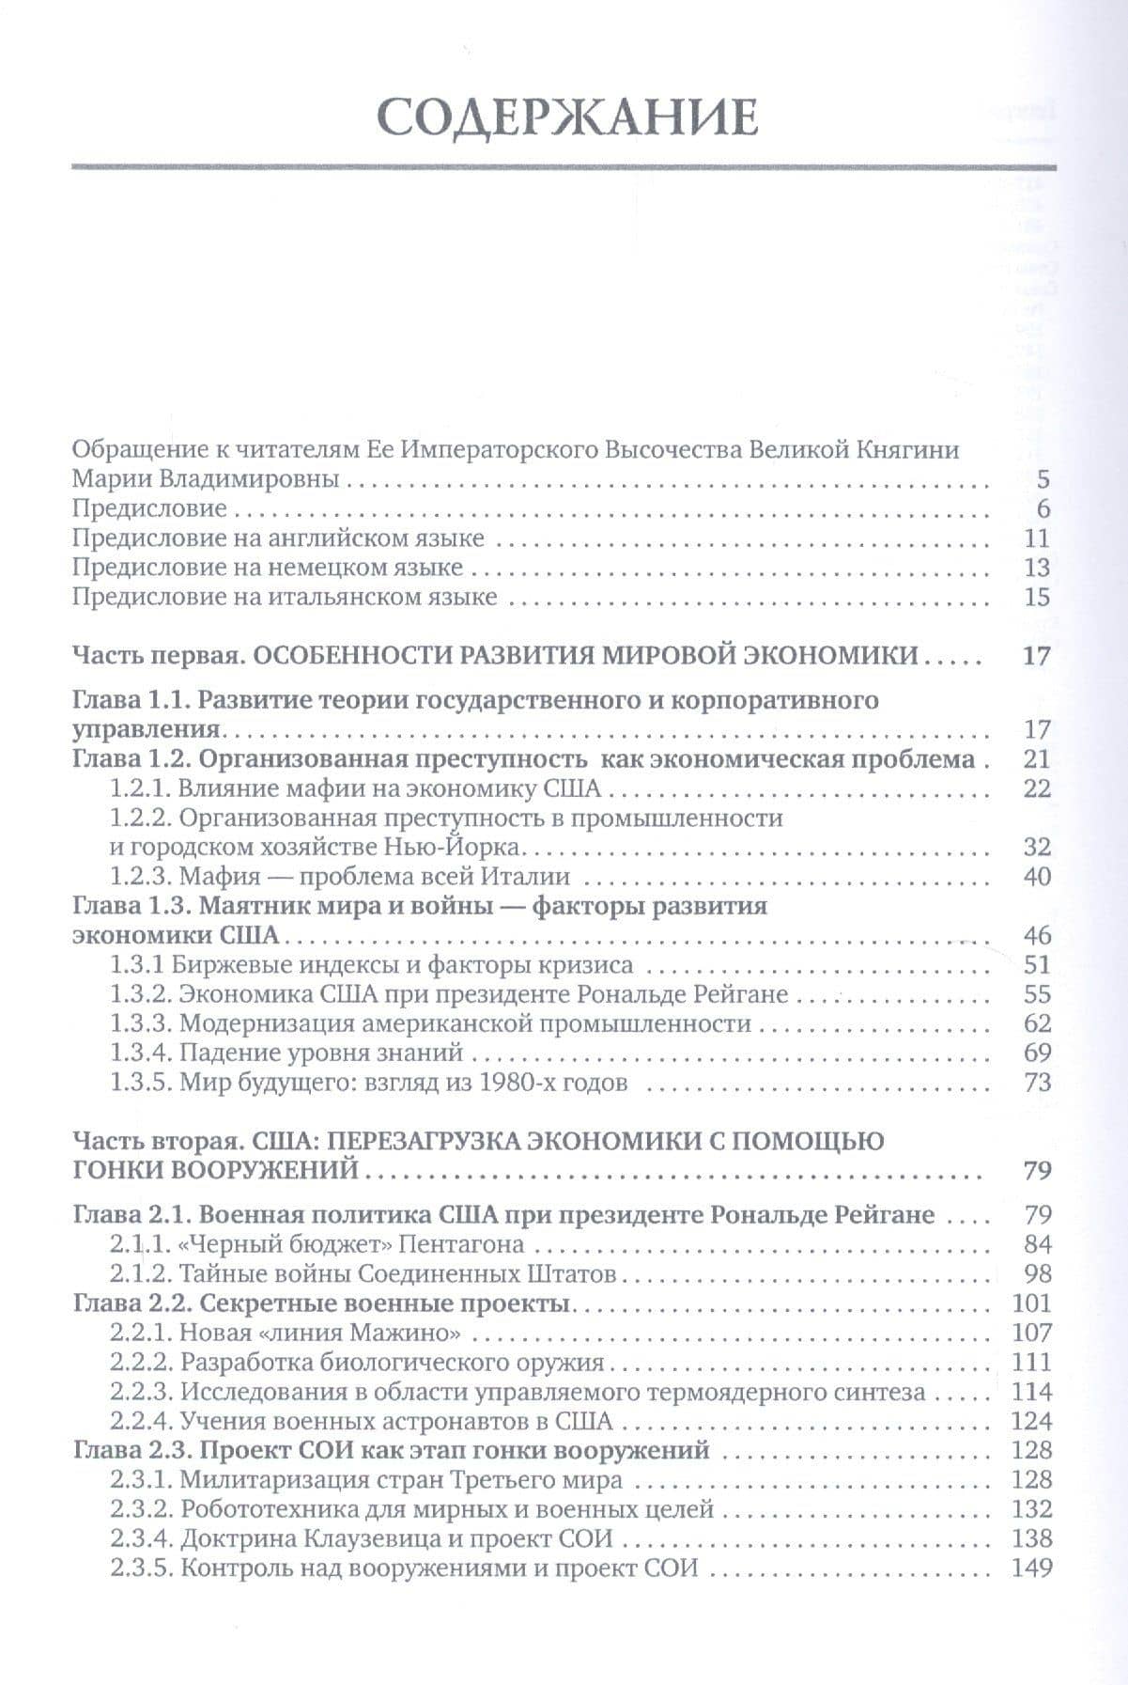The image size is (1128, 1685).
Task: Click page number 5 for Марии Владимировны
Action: [x=1043, y=480]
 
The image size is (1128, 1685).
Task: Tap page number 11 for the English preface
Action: [x=1037, y=538]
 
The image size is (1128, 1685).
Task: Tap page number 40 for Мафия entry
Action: [x=1037, y=877]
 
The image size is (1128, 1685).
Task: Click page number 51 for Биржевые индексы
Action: [x=1037, y=965]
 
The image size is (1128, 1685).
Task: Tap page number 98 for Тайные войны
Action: [x=1037, y=1274]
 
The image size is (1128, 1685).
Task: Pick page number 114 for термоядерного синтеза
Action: [x=1032, y=1392]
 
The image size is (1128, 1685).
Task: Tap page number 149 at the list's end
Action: [x=1032, y=1568]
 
